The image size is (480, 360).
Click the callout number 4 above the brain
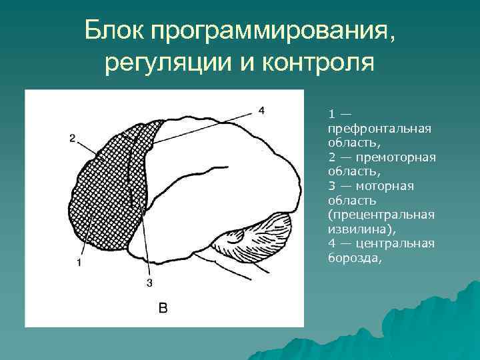pyautogui.click(x=261, y=110)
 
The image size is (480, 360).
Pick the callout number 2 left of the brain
pyautogui.click(x=72, y=138)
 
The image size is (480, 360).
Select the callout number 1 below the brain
pyautogui.click(x=79, y=263)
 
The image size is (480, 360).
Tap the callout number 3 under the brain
pyautogui.click(x=149, y=283)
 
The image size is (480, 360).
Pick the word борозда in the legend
pyautogui.click(x=353, y=257)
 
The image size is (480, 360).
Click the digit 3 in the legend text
pyautogui.click(x=331, y=185)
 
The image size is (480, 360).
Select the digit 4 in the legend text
pyautogui.click(x=331, y=243)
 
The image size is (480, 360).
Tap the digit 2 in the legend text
pyautogui.click(x=331, y=157)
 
